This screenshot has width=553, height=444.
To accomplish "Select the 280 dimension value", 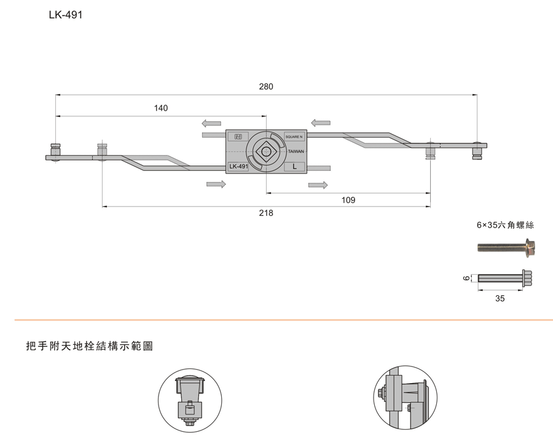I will coord(266,87).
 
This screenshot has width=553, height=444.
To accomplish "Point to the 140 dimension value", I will coord(160,108).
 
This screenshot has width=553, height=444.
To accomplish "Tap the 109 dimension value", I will coord(348,200).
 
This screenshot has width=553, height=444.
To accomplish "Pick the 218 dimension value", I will coord(266,213).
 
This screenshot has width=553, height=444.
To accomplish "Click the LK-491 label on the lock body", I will coord(238,167).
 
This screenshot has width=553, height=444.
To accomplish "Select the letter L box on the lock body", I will coord(294,167).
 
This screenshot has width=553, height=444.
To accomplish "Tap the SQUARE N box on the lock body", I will coord(294,137).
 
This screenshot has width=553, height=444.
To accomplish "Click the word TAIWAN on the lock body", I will coord(296,151).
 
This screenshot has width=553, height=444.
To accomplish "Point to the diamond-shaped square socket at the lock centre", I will coord(266,151).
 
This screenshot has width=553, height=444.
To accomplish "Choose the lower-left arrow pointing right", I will coord(216,184).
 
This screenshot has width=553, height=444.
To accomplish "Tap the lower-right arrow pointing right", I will coord(318,184).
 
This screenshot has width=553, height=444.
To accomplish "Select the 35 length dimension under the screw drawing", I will coord(500,298).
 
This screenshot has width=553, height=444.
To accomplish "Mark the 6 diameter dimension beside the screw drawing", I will coord(466,278).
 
